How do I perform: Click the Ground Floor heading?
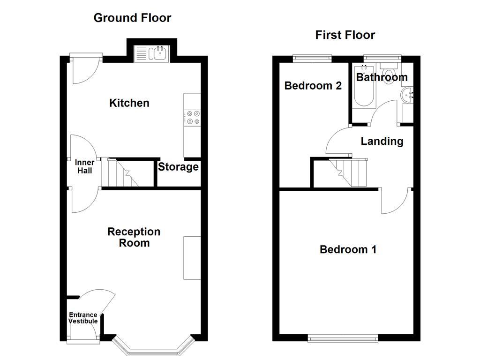132,18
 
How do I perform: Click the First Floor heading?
345,35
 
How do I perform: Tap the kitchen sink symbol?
151,54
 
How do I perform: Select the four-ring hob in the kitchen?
193,117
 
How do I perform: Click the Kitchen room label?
129,103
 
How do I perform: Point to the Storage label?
178,167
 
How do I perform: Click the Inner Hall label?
84,166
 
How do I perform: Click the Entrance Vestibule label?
83,318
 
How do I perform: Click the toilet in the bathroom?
389,75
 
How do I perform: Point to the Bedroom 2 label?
313,86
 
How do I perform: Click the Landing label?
382,141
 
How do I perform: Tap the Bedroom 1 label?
348,249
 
